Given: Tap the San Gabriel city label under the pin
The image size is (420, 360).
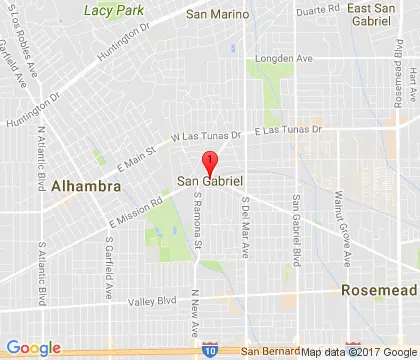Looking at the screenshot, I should (212, 181).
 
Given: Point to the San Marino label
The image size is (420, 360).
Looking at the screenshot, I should (217, 15).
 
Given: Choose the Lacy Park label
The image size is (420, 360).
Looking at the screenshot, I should (114, 9).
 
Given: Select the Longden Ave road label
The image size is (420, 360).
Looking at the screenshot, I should (290, 57).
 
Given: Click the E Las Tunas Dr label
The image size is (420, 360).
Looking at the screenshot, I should (290, 131).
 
